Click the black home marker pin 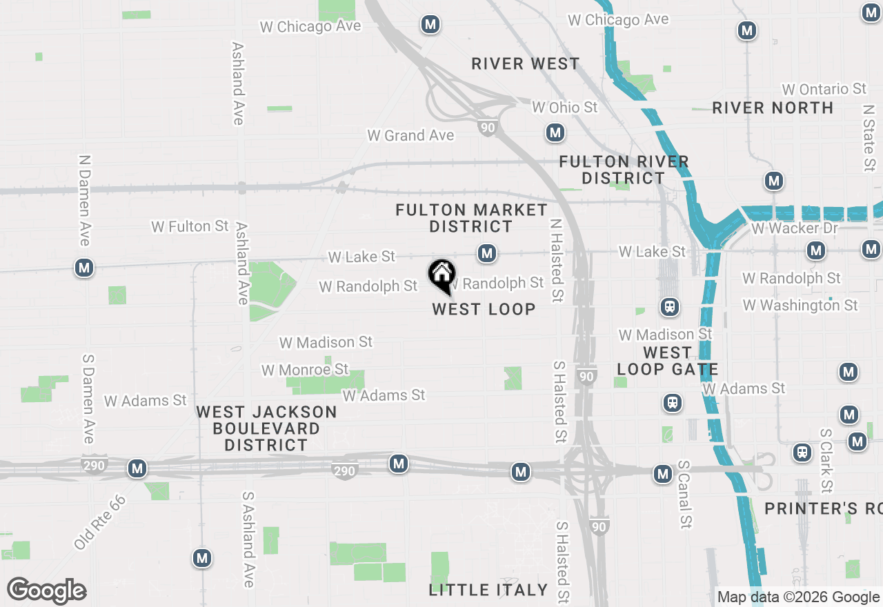pos(441,275)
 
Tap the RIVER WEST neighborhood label pos(526,64)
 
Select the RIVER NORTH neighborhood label pos(773,108)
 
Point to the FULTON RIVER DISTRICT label pos(624,170)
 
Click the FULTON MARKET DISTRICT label pos(472,218)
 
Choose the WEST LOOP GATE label pos(667,361)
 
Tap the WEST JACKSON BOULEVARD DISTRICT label pos(266,428)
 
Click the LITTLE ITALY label pos(488,590)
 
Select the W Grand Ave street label pos(410,135)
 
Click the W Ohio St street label pos(565,108)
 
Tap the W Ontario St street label pos(824,89)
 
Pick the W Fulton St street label pos(190,226)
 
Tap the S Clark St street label pos(826,461)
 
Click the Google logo pos(47,591)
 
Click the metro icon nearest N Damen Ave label pos(84,268)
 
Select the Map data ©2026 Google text pos(798,597)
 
